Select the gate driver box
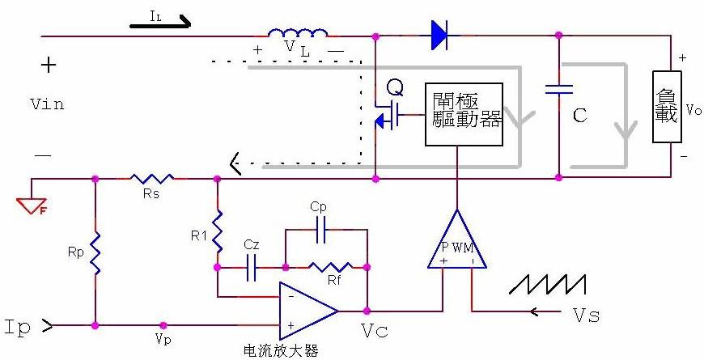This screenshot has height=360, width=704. (x=464, y=113)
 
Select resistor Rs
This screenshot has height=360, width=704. (x=153, y=178)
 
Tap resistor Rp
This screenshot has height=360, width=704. (x=95, y=252)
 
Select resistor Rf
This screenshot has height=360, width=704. (x=329, y=266)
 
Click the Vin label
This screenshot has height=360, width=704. (x=46, y=104)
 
